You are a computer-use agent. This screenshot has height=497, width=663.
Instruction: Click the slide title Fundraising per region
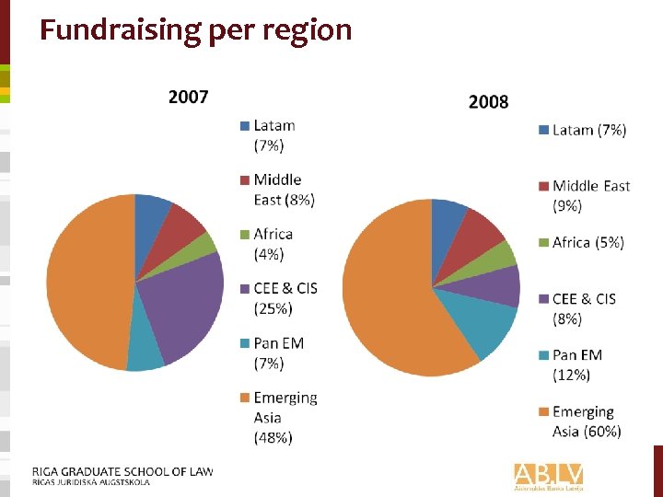tap(195, 30)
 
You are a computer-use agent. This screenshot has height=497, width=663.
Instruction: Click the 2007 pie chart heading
tap(188, 97)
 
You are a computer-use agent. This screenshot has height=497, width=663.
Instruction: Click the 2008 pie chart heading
tap(488, 101)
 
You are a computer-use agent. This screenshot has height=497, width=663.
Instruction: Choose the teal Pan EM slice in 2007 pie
tap(145, 354)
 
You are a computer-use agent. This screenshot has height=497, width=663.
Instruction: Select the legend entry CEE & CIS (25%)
tap(285, 298)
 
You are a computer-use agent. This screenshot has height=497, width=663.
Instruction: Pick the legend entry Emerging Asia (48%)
tap(285, 418)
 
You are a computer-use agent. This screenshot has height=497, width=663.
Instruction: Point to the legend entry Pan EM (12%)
tap(576, 364)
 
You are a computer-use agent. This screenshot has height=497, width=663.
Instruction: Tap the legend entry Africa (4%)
tap(273, 244)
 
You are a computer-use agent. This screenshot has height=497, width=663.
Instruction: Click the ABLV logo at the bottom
tap(549, 475)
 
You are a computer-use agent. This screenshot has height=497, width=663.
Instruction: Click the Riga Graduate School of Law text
tap(122, 472)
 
